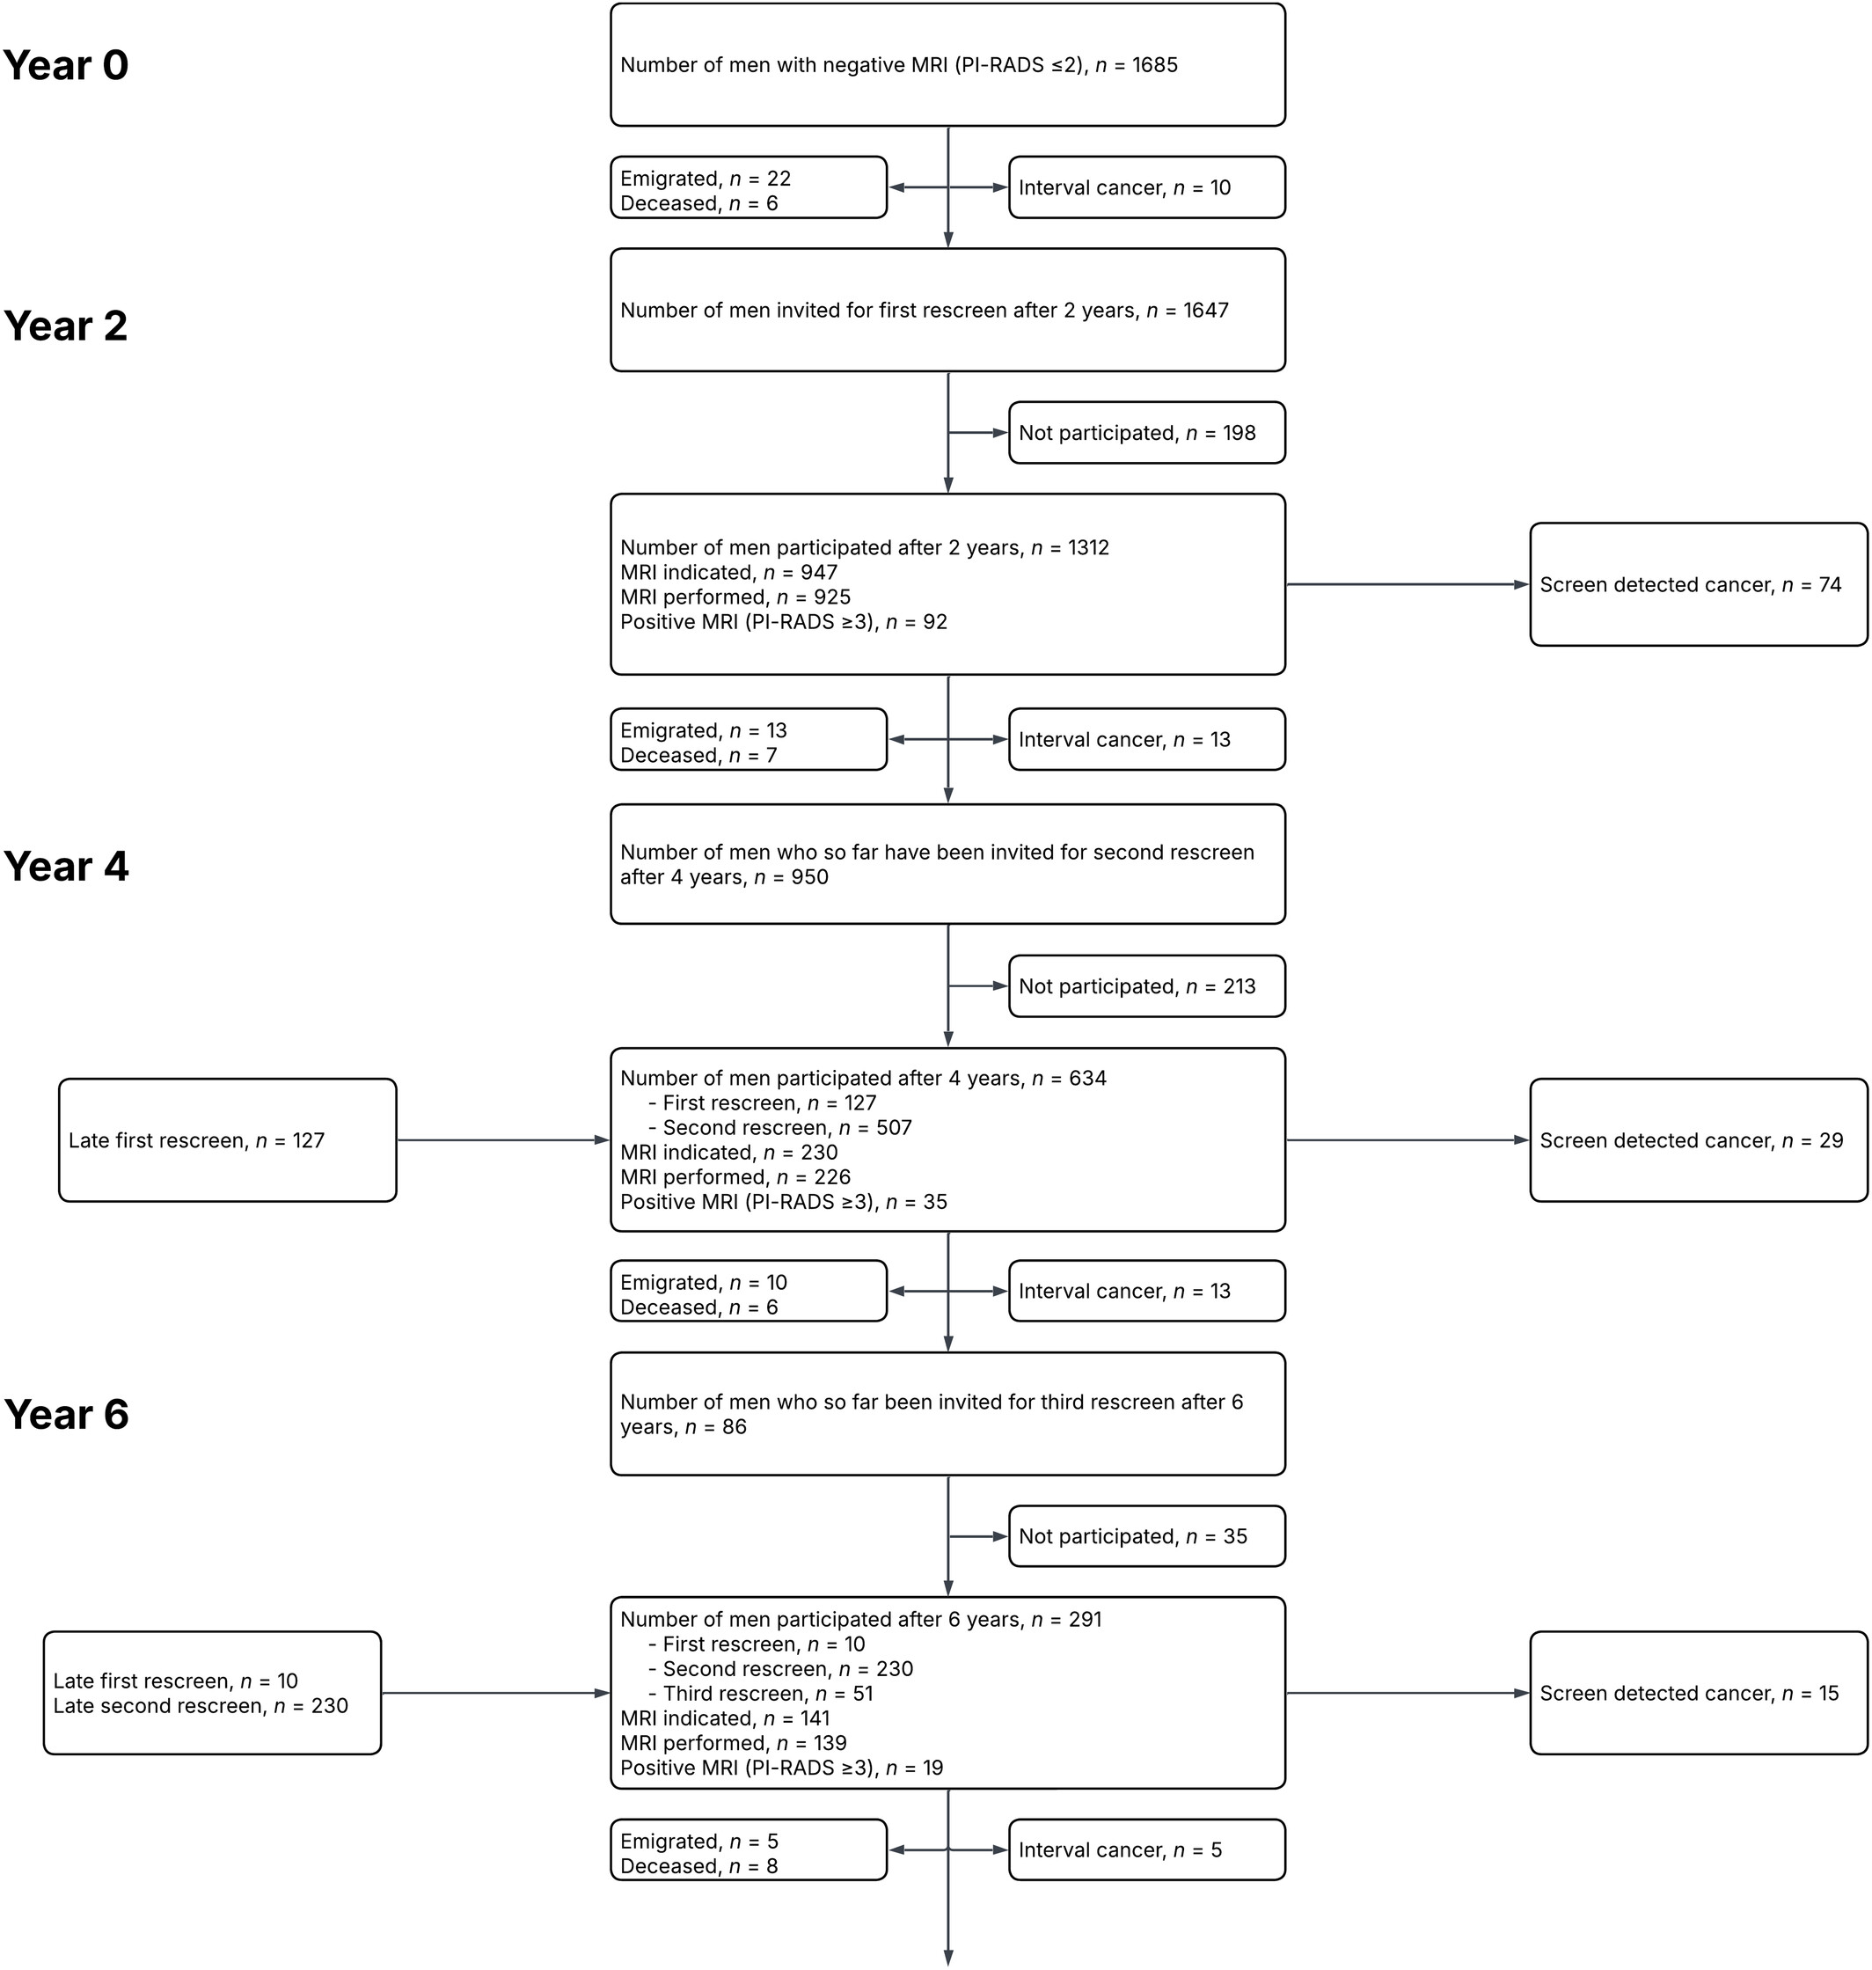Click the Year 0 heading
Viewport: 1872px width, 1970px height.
[x=66, y=65]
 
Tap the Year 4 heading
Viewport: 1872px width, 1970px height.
[x=66, y=867]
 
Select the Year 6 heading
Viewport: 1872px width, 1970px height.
[x=66, y=1414]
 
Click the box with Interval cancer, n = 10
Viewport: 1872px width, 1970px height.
[x=1146, y=187]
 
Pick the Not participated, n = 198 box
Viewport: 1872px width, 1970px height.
[x=1146, y=433]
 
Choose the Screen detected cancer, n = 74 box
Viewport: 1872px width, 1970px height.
[x=1699, y=585]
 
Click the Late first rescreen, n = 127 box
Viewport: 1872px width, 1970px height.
[x=228, y=1139]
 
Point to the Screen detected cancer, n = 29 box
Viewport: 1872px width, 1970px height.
[x=1699, y=1139]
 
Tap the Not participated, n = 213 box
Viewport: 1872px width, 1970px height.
[x=1146, y=986]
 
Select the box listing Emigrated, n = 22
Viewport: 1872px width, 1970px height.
[x=749, y=187]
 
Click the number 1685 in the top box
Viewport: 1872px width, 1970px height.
[x=1154, y=65]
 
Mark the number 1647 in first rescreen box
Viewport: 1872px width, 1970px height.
[x=1205, y=311]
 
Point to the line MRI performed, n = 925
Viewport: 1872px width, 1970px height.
[x=735, y=597]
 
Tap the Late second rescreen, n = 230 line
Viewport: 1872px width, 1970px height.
[x=201, y=1705]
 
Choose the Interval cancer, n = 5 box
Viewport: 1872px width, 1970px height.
[x=1146, y=1850]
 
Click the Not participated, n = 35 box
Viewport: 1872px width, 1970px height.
[x=1146, y=1537]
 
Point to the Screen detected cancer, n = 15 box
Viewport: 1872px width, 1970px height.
[x=1699, y=1694]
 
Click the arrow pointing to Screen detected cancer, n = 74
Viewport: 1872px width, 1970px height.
[x=1407, y=585]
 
